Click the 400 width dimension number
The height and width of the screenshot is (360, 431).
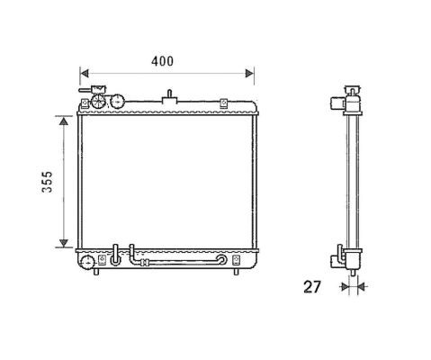[x=162, y=61]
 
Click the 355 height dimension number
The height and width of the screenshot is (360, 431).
[x=47, y=182]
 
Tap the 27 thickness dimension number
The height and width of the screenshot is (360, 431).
[x=312, y=287]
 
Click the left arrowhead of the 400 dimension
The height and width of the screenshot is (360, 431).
[x=85, y=73]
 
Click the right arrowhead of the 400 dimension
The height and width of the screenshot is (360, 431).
[x=249, y=73]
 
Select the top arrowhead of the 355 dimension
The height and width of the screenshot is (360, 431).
[x=64, y=121]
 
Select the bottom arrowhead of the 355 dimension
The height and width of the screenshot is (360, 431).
[x=64, y=243]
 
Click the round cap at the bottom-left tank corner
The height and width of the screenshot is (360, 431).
[x=87, y=263]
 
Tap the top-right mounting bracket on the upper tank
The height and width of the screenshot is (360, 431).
[x=223, y=103]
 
